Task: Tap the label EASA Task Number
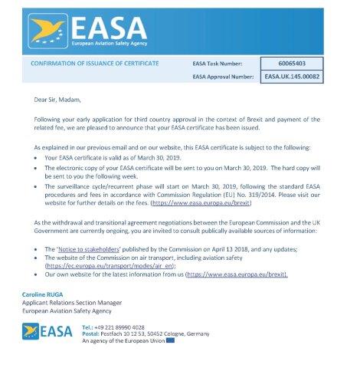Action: click(x=223, y=64)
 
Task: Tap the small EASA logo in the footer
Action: click(x=48, y=330)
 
